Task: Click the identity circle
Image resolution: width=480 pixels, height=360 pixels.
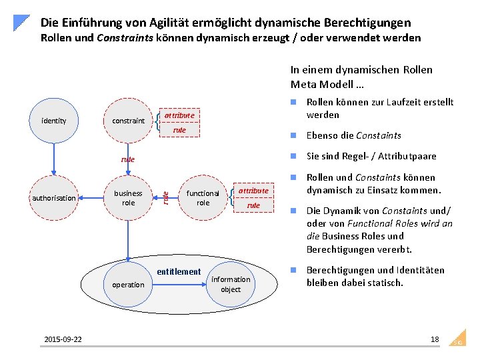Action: click(x=53, y=121)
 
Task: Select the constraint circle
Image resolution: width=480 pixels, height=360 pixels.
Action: click(x=128, y=121)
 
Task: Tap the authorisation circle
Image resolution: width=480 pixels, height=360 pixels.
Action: click(x=53, y=197)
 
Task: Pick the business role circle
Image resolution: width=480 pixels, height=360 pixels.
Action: click(x=128, y=197)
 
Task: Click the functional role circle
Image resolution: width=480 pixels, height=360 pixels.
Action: click(x=203, y=197)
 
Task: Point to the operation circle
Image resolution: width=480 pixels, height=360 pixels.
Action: click(x=128, y=285)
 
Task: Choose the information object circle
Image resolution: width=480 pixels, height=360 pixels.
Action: click(x=231, y=285)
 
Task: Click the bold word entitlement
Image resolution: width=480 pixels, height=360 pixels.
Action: click(x=178, y=271)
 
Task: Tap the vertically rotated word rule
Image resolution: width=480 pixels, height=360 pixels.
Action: click(x=165, y=197)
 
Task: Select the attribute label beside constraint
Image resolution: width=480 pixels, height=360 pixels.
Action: click(x=179, y=115)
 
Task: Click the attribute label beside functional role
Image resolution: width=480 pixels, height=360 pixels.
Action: click(x=253, y=191)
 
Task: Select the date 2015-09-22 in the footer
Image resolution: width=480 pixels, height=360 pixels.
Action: click(x=63, y=339)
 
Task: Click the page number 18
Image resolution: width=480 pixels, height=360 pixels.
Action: click(x=435, y=339)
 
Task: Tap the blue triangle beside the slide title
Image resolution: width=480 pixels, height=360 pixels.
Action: click(x=23, y=23)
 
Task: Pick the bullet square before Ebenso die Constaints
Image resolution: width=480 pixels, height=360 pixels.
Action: click(x=293, y=135)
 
